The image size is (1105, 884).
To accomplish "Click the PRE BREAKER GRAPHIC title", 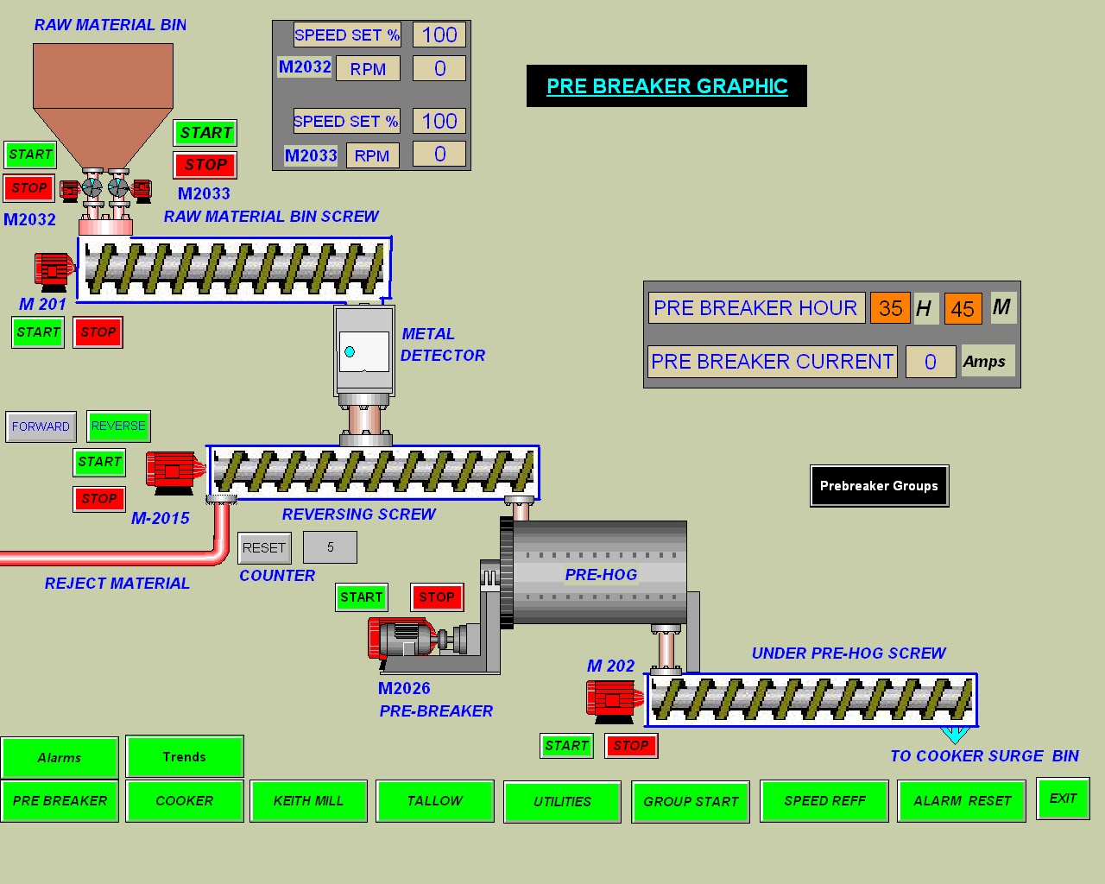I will point(666,86).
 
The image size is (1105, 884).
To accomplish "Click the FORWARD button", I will point(41,426).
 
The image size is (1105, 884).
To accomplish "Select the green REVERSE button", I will point(118,426).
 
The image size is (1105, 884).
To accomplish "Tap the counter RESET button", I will point(264,547).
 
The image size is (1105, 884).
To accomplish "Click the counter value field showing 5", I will point(330,546).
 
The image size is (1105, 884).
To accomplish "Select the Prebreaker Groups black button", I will point(879,486).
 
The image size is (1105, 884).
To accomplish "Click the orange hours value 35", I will point(890,308).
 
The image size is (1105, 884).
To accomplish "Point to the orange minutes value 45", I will point(963,308).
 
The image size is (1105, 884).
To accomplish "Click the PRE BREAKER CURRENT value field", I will point(930,362).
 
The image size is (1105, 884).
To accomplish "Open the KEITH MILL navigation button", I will point(308,801).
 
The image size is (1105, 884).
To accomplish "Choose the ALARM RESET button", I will point(962,801).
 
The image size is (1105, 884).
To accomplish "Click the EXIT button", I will point(1063,799).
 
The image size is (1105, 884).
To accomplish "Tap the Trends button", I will point(184,757).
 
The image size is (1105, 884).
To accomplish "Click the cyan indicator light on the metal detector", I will point(350,351).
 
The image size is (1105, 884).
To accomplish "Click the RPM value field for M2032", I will point(439,68).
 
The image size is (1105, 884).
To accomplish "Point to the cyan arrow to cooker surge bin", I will point(955,735).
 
